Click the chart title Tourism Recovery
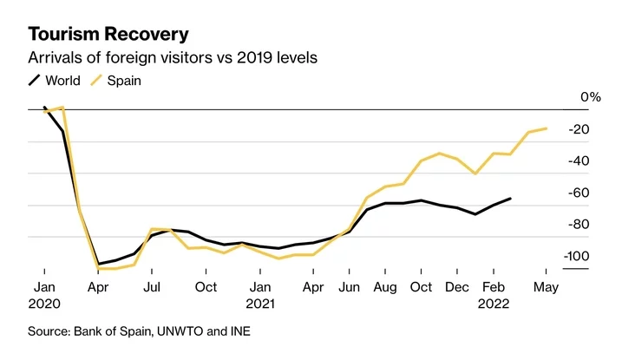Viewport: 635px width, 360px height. click(x=108, y=34)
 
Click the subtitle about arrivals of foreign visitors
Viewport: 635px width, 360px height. click(x=173, y=58)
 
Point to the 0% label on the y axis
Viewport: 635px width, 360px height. click(x=591, y=97)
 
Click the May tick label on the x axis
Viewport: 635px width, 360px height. click(x=545, y=286)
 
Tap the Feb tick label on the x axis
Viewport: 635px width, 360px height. click(x=493, y=286)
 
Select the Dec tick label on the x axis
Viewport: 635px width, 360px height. click(x=457, y=286)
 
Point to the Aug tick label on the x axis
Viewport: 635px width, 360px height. click(x=385, y=286)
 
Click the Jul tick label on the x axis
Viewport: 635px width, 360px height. click(x=152, y=286)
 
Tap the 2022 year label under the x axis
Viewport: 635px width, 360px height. click(x=493, y=304)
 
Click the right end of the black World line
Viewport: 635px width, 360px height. click(x=510, y=199)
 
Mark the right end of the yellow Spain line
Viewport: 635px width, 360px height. click(x=546, y=128)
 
